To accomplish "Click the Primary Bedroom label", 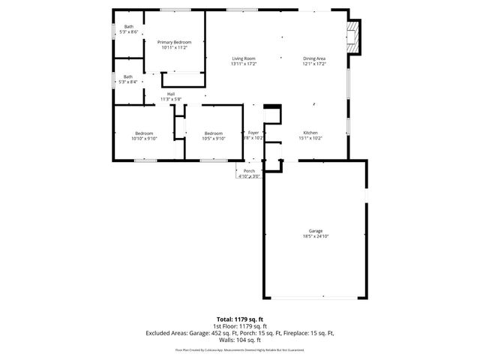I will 174,42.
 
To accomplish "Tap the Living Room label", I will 244,58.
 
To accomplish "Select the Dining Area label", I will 314,58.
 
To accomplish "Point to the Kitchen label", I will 310,133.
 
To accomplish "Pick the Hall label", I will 170,94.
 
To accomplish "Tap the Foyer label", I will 253,133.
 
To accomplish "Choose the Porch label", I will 249,171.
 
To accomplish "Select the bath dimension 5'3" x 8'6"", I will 131,31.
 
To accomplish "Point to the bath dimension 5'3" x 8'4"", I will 128,81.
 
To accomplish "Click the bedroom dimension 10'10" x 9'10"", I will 143,138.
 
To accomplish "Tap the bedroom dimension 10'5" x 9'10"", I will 214,138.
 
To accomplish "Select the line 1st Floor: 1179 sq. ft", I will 240,326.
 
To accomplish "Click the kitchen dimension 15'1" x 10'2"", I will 310,138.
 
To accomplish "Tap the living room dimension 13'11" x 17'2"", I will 244,64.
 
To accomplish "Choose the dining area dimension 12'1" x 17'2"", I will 314,64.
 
